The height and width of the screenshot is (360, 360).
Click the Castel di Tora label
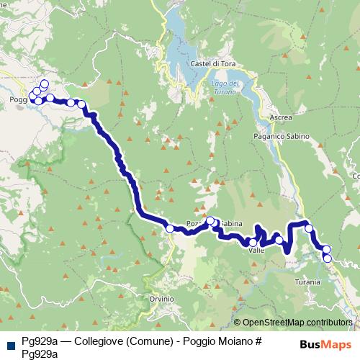pos(210,64)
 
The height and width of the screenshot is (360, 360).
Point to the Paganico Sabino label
pos(281,135)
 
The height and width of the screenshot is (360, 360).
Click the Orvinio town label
pos(162,298)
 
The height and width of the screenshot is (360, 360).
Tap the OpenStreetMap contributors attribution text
pos(297,322)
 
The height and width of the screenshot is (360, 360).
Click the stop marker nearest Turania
pos(328,258)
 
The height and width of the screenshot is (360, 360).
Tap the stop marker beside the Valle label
pos(253,243)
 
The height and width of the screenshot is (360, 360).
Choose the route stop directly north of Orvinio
pos(170,228)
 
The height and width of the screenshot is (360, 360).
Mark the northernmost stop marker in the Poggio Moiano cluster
pos(45,84)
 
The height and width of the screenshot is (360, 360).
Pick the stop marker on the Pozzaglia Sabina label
pos(211,222)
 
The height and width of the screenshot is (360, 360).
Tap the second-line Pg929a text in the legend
pos(40,352)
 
